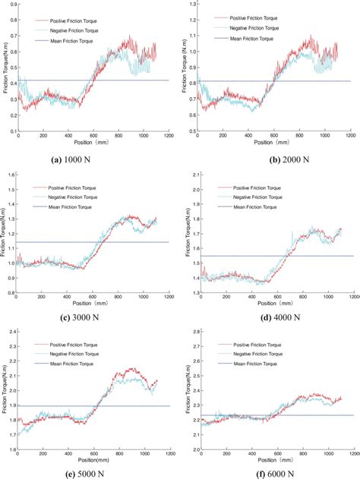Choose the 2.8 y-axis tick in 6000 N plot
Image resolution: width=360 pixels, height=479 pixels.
(x=191, y=332)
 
